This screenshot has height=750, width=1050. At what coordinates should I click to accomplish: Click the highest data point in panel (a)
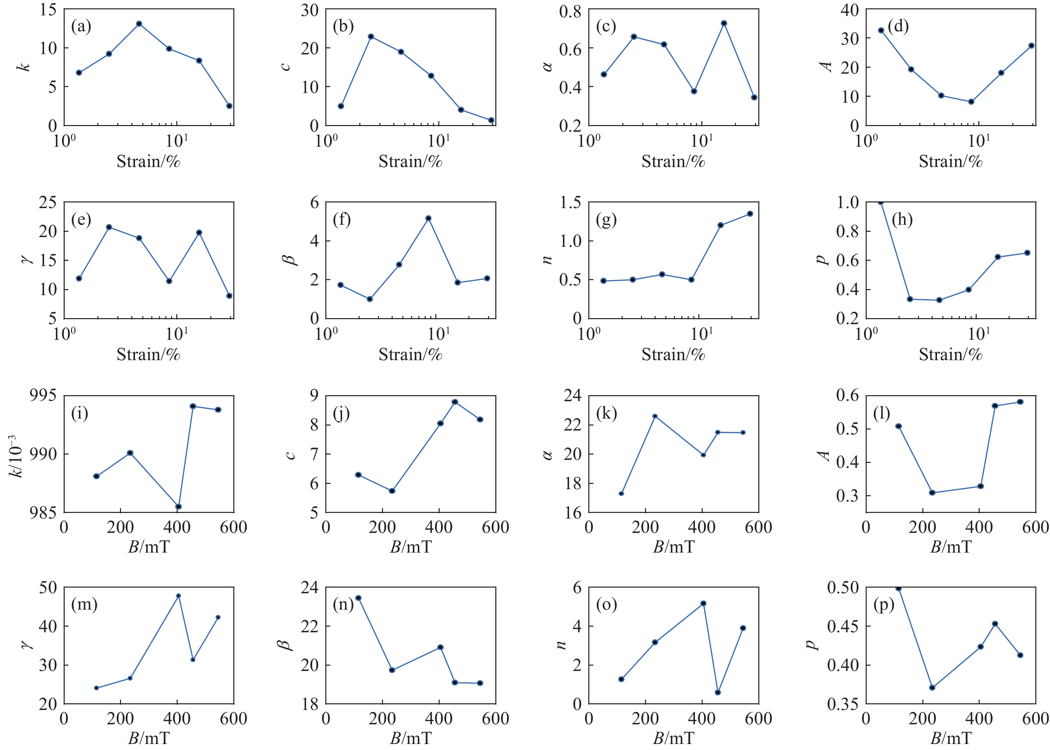(x=139, y=24)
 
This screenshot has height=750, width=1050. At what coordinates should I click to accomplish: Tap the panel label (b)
(x=343, y=26)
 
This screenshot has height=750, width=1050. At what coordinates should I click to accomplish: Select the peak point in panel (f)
(x=428, y=218)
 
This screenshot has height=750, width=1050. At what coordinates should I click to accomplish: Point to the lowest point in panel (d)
(x=971, y=102)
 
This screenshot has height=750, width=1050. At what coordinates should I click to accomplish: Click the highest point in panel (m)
(x=179, y=596)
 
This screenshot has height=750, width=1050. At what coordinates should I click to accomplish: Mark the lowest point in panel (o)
(x=718, y=692)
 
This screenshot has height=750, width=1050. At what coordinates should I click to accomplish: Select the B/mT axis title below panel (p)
(x=950, y=738)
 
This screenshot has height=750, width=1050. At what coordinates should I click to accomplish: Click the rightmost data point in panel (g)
(x=750, y=214)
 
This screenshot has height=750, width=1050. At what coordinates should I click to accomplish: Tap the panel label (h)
(x=902, y=220)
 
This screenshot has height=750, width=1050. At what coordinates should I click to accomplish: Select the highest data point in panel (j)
(x=455, y=402)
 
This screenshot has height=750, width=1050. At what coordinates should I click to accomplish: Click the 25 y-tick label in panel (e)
(x=48, y=202)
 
